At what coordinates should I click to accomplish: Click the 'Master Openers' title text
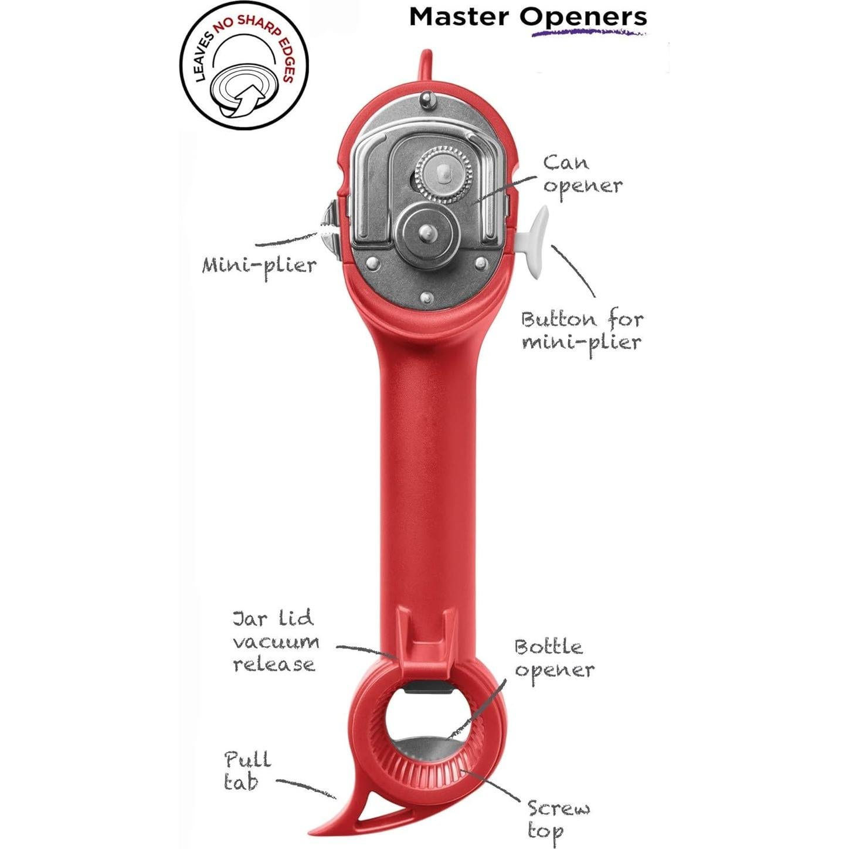click(527, 16)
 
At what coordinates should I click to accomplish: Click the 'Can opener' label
click(582, 174)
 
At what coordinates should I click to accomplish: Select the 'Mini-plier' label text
click(259, 265)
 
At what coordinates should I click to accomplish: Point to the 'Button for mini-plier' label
click(582, 330)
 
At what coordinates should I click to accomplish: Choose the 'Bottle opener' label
click(553, 658)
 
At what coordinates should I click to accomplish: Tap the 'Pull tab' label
click(247, 770)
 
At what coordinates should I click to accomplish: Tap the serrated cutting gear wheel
click(443, 173)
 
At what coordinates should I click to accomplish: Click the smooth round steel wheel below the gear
click(427, 233)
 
